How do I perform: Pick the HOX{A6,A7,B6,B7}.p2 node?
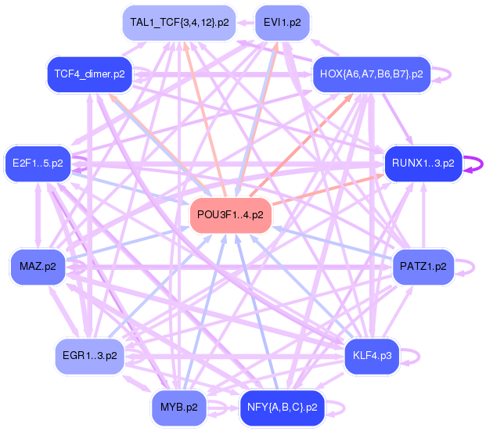(x=372, y=74)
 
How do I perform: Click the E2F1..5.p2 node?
(x=38, y=163)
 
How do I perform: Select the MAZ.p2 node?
(x=38, y=267)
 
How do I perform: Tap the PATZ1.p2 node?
(x=423, y=267)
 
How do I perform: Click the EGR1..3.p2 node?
(x=89, y=356)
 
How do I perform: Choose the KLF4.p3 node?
(x=372, y=356)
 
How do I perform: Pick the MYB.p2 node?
(x=179, y=408)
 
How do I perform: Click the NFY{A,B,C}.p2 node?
(x=282, y=408)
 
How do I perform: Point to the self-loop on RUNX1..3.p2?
(x=478, y=163)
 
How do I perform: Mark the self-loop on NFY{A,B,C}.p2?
(x=342, y=408)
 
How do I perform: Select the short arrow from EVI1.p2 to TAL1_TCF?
(x=246, y=23)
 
